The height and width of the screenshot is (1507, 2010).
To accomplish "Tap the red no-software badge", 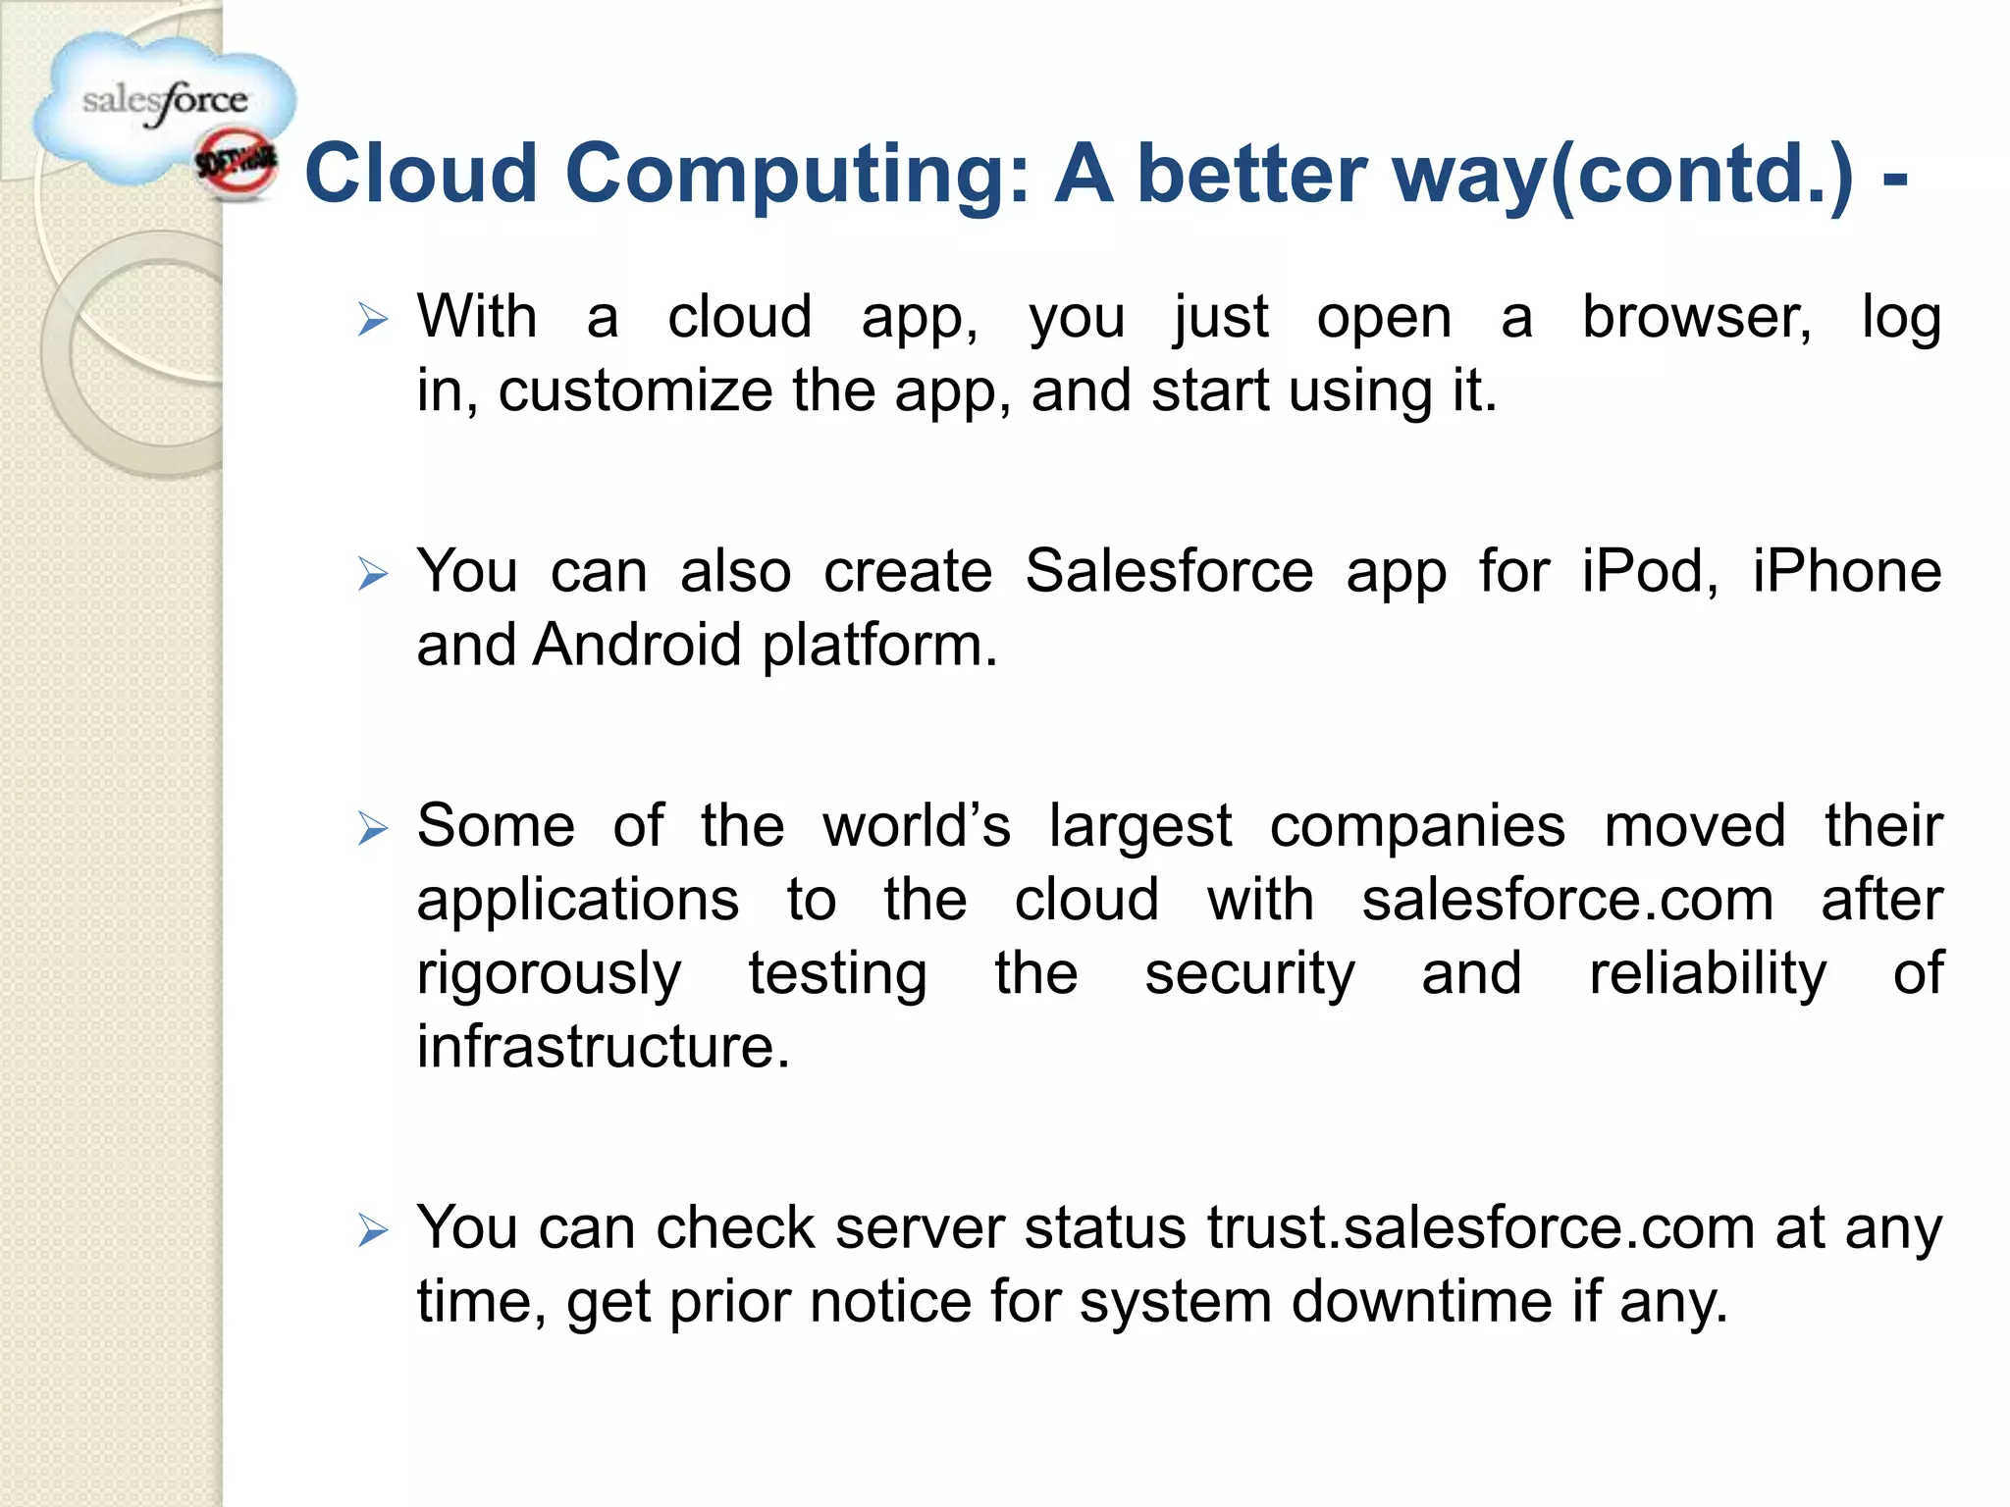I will [x=236, y=166].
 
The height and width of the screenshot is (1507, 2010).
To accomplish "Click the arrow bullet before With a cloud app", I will [x=373, y=320].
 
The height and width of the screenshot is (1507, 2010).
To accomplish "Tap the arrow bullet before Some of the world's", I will [x=373, y=829].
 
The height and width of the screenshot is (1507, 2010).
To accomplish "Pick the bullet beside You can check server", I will [x=373, y=1230].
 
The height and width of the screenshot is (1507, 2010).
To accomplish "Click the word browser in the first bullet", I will [x=1696, y=318].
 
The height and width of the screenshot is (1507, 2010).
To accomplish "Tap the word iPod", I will [x=1649, y=572].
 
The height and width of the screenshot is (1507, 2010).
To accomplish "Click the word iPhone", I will [x=1846, y=572].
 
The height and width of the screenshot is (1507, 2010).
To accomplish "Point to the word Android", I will [x=636, y=646].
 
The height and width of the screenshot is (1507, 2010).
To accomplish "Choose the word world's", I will [x=916, y=826].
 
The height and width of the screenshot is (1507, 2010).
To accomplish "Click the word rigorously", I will [x=549, y=975].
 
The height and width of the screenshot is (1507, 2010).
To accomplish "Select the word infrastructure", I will [x=603, y=1047].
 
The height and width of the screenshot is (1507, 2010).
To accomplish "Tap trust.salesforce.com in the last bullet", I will [x=1480, y=1228].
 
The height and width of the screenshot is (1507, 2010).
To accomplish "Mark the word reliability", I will [x=1708, y=975].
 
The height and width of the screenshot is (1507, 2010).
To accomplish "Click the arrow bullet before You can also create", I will [x=373, y=574].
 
